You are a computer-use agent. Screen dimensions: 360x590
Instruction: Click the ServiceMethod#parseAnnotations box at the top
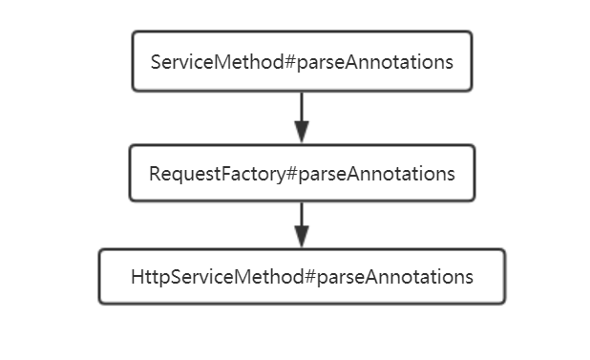coord(302,61)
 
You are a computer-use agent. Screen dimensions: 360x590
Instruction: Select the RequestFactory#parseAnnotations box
coord(302,173)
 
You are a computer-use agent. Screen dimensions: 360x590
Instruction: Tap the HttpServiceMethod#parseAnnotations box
coord(302,277)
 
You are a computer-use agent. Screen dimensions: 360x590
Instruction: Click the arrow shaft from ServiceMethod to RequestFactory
coord(302,107)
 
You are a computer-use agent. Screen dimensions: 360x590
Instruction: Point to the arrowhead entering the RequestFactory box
coord(302,135)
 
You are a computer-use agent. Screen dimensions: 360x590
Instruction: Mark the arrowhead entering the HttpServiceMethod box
coord(302,240)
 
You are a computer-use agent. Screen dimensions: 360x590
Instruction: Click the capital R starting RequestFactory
coord(154,174)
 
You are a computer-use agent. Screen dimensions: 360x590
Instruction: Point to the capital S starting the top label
coord(157,62)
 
